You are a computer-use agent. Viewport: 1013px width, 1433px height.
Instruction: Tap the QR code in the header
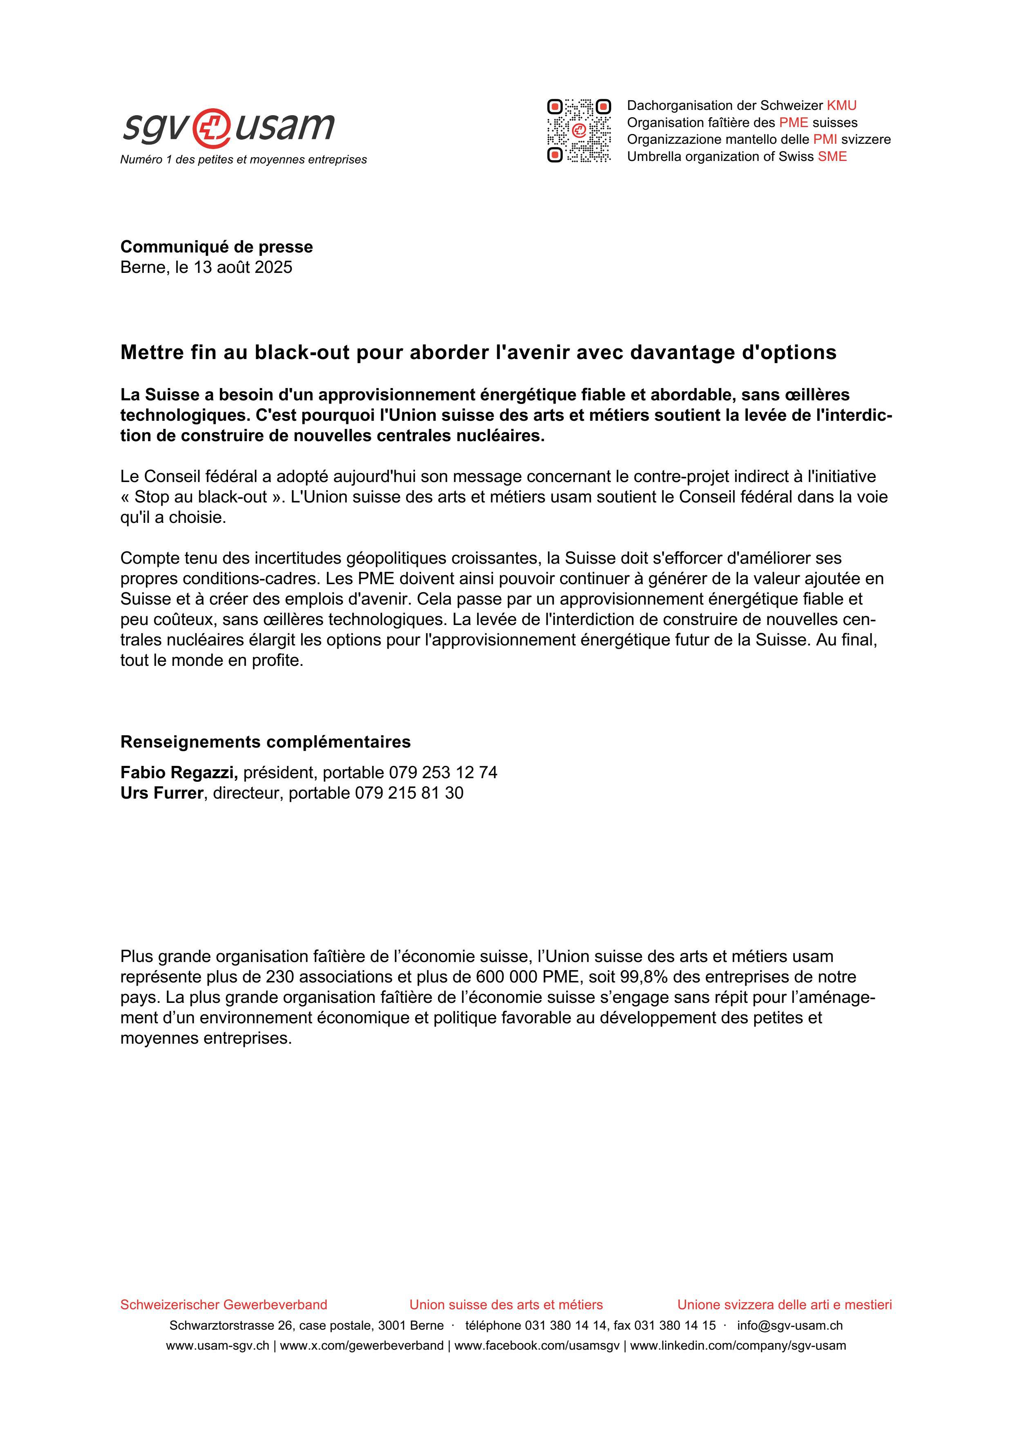(579, 130)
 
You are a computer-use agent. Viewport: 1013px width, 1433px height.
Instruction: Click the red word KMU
(841, 105)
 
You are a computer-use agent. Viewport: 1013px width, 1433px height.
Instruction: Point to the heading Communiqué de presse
(217, 247)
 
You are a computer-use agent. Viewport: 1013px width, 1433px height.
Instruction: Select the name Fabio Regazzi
(179, 773)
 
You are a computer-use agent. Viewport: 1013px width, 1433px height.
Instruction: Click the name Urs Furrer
(162, 793)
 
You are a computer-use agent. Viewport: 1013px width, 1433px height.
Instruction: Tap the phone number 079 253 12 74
(443, 773)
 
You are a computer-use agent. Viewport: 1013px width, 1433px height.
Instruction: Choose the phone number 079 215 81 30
(409, 793)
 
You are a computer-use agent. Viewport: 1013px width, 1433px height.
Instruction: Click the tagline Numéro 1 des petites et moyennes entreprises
(244, 160)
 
